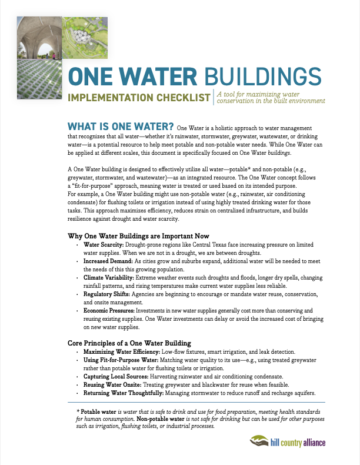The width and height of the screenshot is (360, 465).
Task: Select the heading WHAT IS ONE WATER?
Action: (x=121, y=126)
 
